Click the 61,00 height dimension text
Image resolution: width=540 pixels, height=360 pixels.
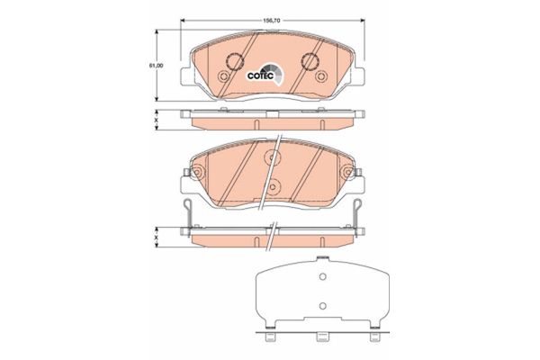tap(155, 66)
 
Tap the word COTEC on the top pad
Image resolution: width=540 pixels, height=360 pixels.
tap(260, 76)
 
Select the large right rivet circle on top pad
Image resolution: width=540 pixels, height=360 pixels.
tap(310, 62)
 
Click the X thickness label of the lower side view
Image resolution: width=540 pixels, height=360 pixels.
tap(155, 237)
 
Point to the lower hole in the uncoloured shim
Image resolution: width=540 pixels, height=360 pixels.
tap(319, 306)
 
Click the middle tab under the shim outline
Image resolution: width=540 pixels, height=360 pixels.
tap(319, 339)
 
